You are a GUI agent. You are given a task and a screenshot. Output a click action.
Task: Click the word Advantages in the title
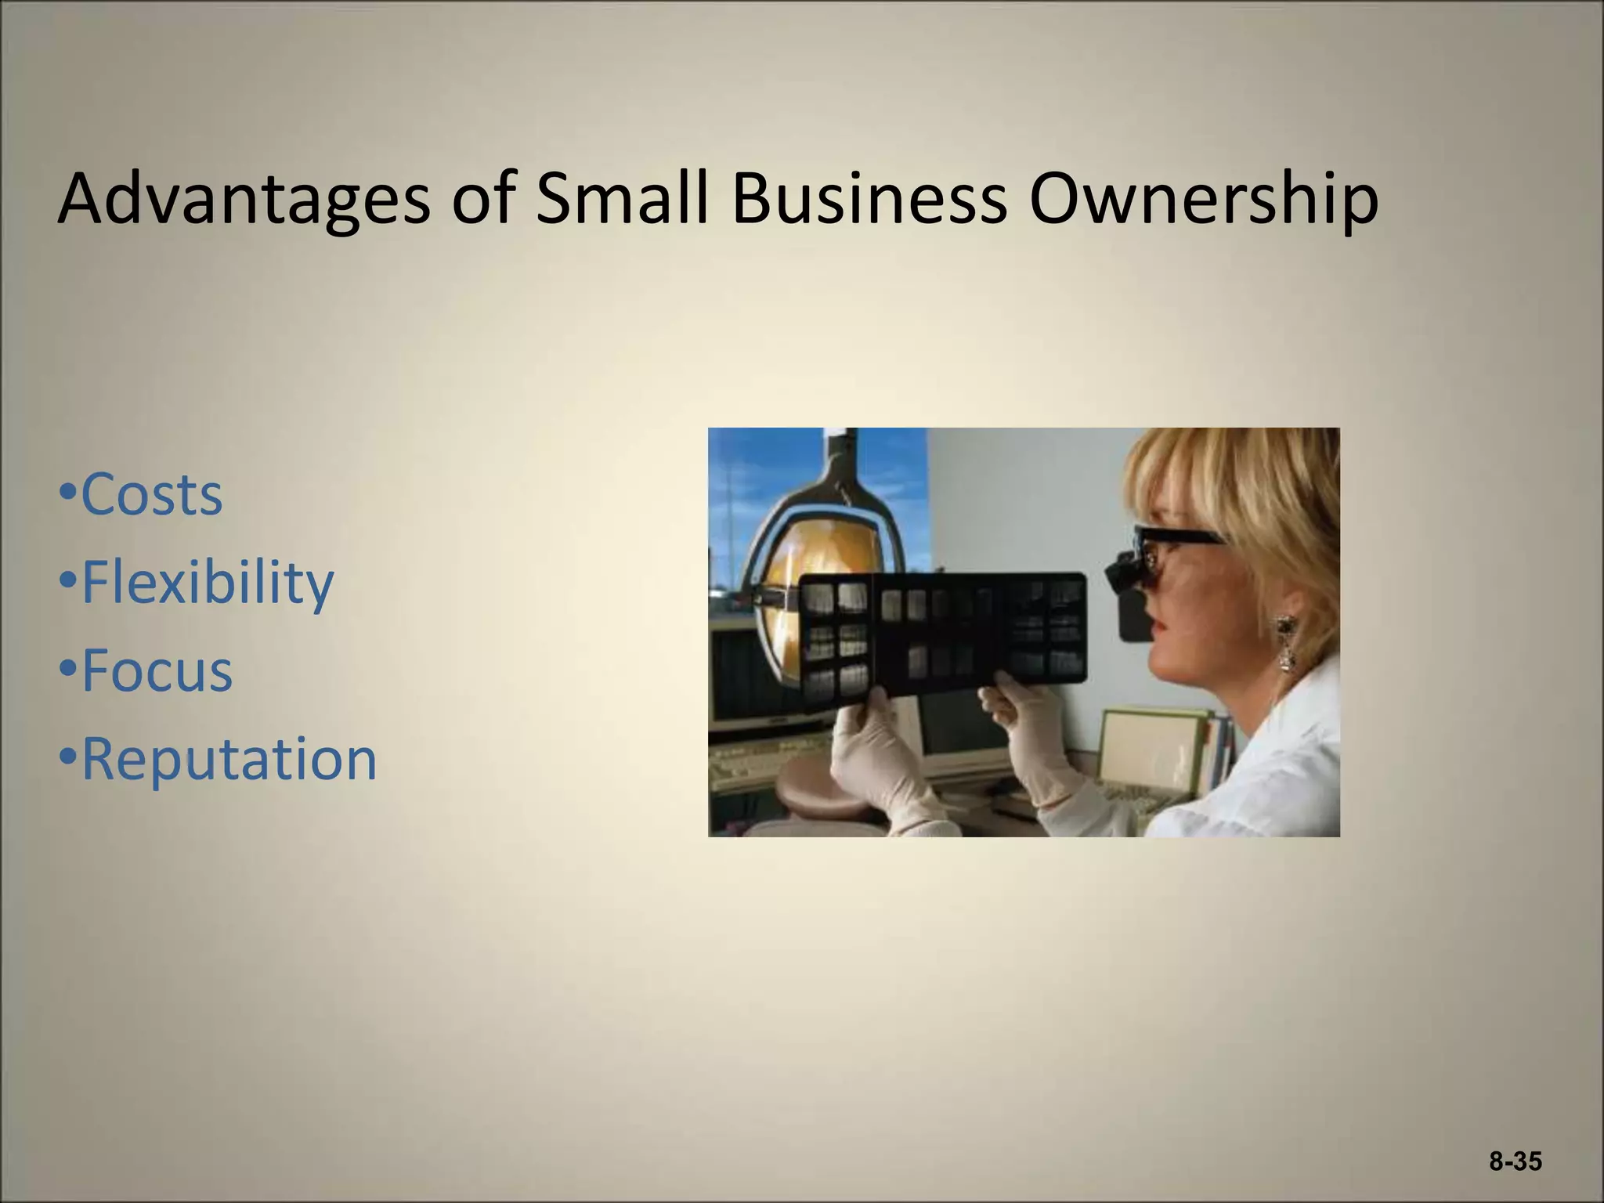[x=243, y=200]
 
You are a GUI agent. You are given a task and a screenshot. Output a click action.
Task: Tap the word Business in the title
[x=869, y=200]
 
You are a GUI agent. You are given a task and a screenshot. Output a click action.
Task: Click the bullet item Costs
[x=152, y=494]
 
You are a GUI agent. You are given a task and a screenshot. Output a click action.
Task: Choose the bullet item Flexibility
[x=208, y=583]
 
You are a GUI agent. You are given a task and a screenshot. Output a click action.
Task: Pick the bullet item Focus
[x=157, y=671]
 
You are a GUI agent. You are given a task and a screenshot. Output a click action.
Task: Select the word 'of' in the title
[x=482, y=200]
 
